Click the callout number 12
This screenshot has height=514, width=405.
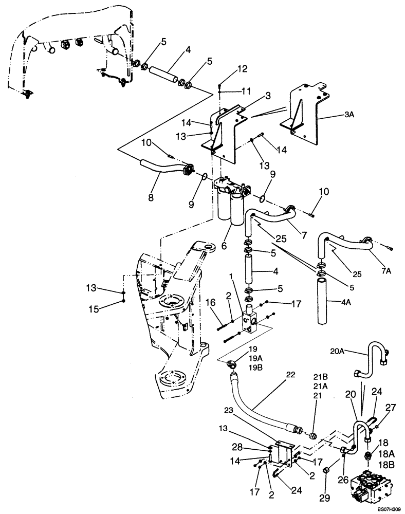point(228,68)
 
